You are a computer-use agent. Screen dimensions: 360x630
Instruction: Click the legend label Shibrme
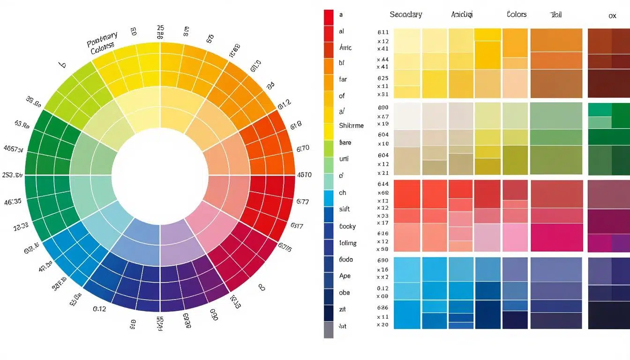point(351,126)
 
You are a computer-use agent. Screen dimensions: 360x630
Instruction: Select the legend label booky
point(347,226)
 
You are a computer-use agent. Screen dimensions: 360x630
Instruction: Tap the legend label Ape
point(345,276)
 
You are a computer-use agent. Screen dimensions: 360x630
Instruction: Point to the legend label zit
point(342,309)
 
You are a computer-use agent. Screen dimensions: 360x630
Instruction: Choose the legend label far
point(343,79)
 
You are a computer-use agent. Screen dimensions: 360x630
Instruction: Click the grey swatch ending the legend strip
point(329,330)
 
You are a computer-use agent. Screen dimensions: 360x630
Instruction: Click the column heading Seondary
point(405,15)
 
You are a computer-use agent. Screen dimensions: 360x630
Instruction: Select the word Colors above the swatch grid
point(517,15)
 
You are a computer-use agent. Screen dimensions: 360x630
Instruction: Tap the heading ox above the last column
point(612,16)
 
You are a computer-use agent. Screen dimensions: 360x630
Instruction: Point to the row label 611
point(383,33)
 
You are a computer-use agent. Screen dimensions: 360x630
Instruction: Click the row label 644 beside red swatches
point(383,184)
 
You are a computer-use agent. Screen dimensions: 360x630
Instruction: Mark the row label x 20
point(383,324)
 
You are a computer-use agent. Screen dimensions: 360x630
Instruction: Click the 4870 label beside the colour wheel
point(304,175)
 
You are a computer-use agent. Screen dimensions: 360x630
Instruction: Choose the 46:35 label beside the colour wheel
point(12,202)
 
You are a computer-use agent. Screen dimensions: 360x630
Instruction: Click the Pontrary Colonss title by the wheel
point(103,43)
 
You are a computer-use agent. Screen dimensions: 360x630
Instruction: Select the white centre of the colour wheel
point(160,174)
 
